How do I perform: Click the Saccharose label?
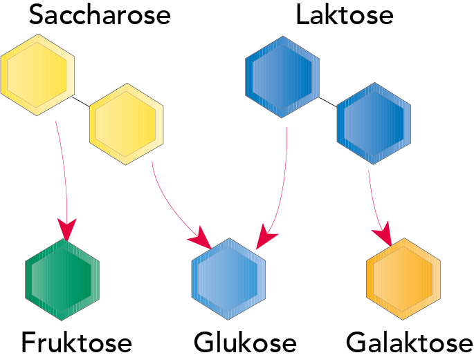[x=100, y=15]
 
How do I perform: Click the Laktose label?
[x=344, y=15]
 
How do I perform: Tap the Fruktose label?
[x=76, y=343]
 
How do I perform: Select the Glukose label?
[x=245, y=343]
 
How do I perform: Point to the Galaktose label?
[x=410, y=343]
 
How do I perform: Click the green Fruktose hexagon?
[x=62, y=278]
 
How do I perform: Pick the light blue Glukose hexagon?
[x=228, y=278]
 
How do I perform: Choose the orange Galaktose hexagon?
[x=403, y=278]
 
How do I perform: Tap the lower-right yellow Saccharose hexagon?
[x=127, y=124]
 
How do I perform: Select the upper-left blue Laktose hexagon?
[x=282, y=75]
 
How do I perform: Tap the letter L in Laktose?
[x=302, y=15]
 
